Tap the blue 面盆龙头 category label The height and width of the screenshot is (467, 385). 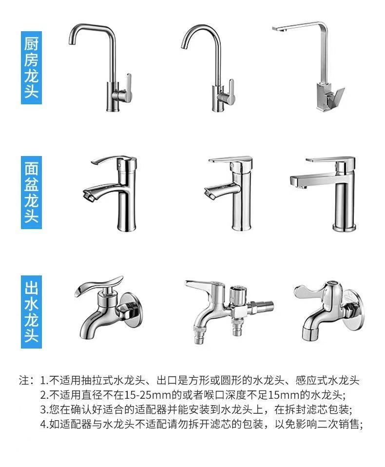tap(31, 192)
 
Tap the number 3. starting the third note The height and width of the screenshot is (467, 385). tap(44, 409)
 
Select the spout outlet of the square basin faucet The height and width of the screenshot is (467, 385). tap(295, 183)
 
